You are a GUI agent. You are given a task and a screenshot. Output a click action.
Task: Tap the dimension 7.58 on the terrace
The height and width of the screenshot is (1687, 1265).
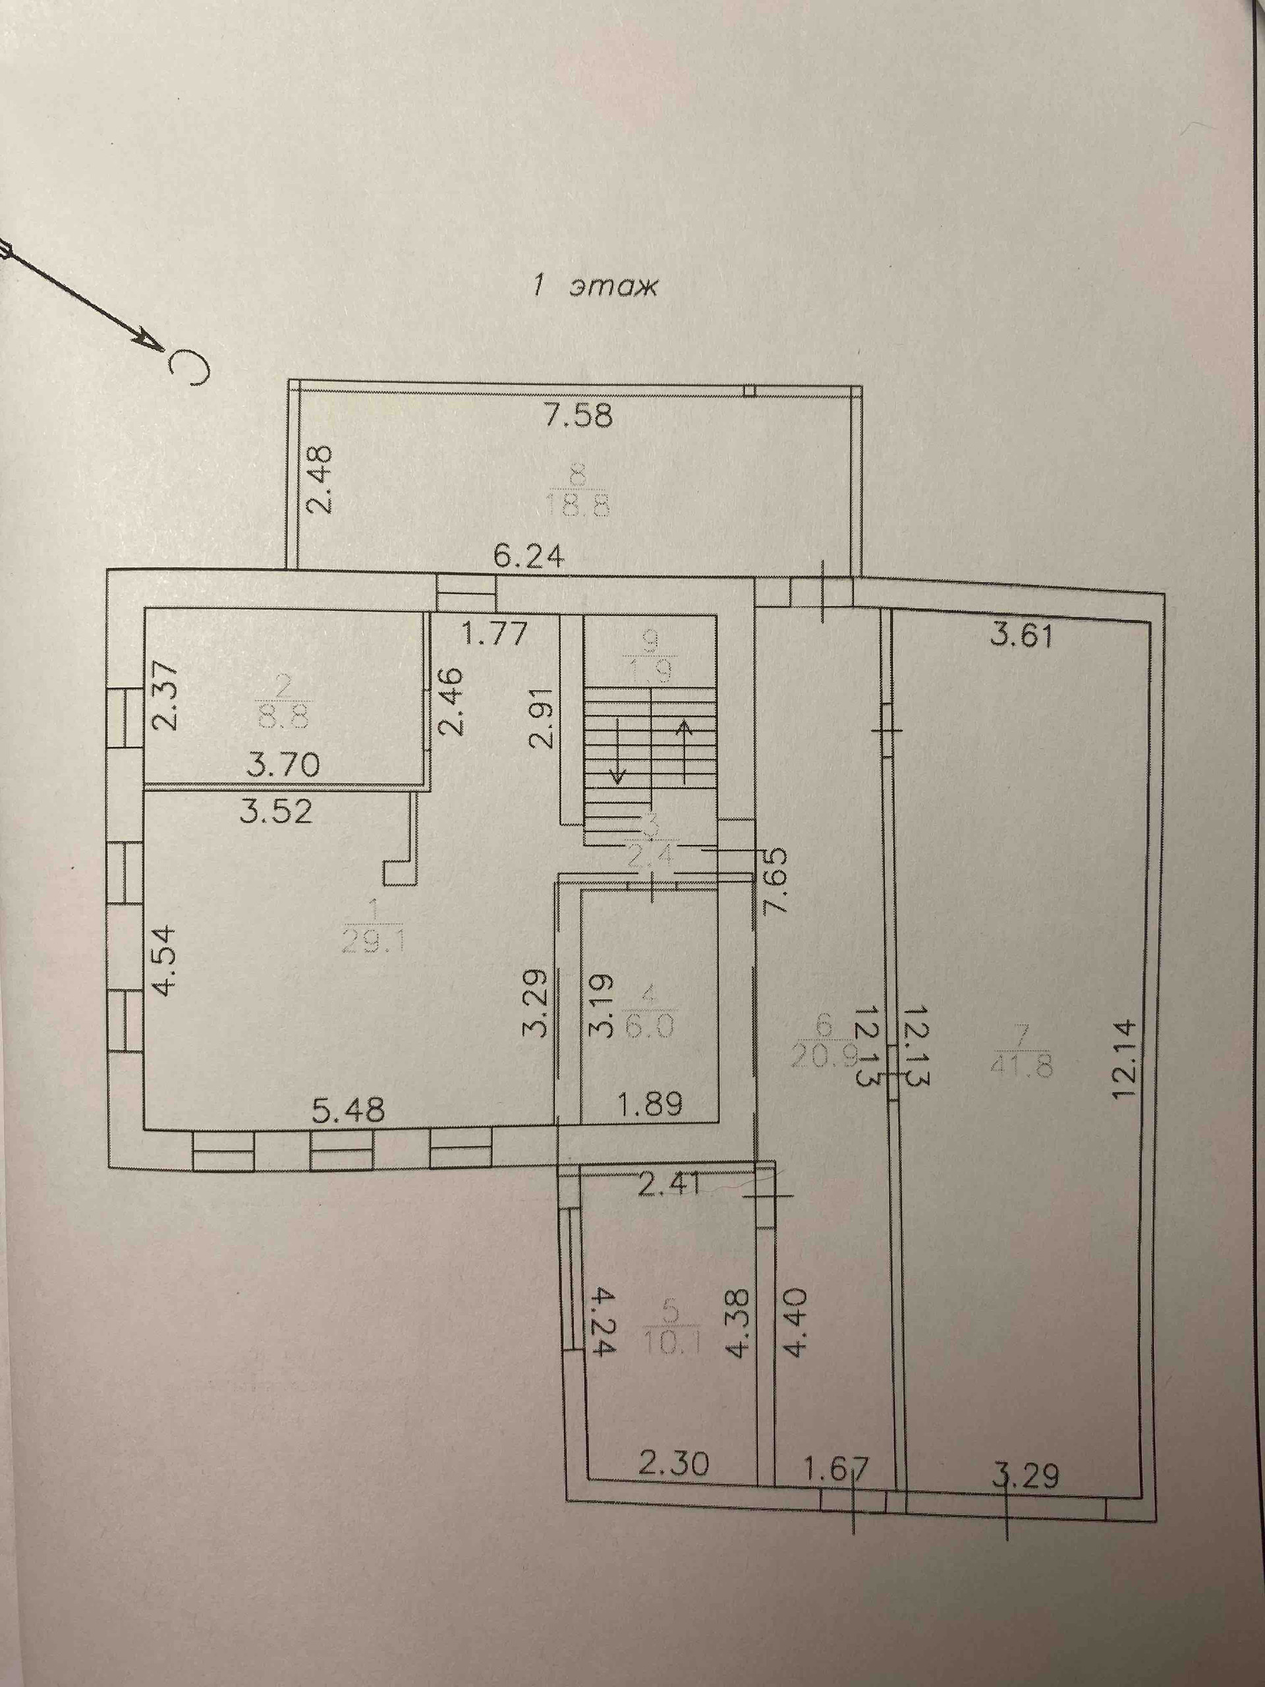pyautogui.click(x=578, y=417)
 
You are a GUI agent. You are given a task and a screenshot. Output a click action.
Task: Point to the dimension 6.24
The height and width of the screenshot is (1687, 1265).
pyautogui.click(x=528, y=558)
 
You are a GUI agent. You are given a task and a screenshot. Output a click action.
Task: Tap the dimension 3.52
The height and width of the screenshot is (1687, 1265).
pyautogui.click(x=275, y=811)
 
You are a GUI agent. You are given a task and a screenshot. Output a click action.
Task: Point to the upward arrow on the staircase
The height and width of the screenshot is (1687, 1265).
pyautogui.click(x=685, y=751)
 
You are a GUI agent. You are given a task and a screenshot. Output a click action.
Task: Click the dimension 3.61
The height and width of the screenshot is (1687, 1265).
pyautogui.click(x=1022, y=635)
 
